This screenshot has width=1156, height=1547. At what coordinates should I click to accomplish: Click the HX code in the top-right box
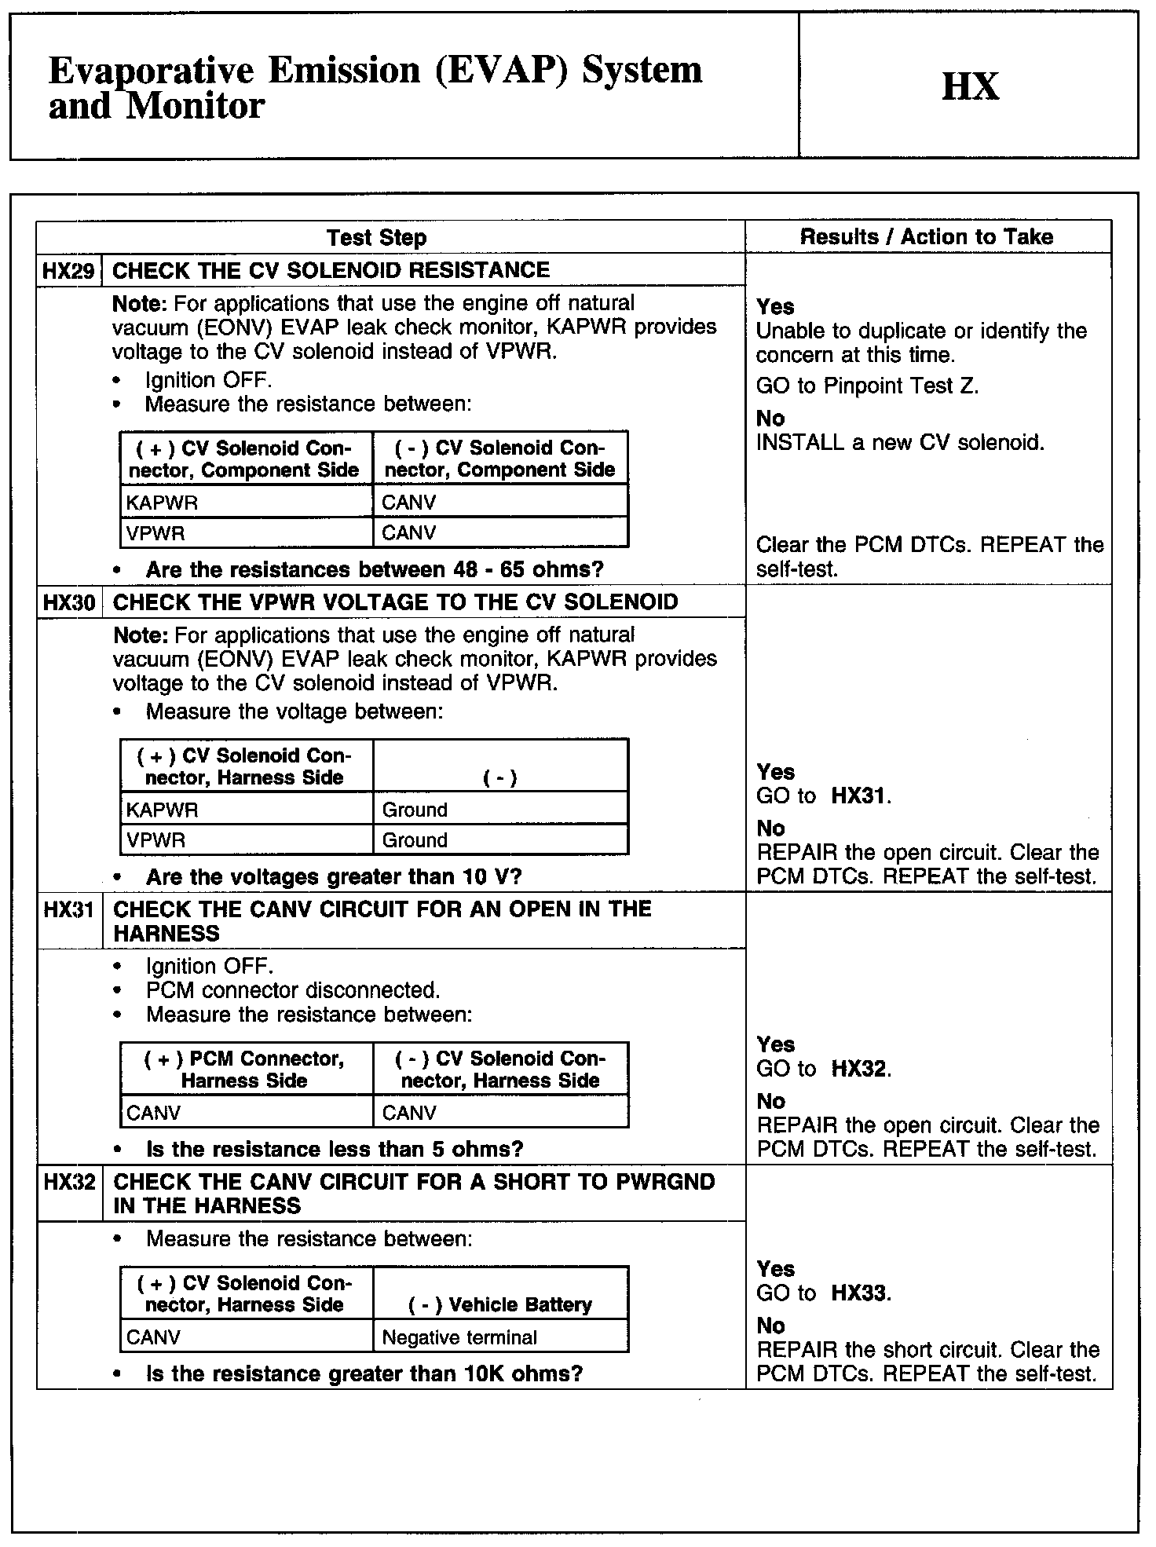970,86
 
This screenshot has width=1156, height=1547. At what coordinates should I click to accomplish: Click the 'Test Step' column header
376,238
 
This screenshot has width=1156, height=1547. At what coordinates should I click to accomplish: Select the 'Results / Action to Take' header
926,237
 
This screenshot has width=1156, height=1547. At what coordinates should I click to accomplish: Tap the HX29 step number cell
68,272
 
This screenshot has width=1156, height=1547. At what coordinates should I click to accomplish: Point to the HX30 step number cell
69,602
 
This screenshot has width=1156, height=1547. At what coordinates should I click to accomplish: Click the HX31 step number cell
69,910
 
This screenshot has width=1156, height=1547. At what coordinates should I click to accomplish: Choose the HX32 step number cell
69,1183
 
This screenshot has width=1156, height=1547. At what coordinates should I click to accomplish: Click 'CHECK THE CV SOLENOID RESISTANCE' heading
331,271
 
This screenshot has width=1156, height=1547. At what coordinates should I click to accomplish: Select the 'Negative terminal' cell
459,1337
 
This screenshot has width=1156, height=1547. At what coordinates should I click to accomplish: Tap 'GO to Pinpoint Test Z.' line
867,386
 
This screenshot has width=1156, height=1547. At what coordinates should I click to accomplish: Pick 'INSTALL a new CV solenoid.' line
900,443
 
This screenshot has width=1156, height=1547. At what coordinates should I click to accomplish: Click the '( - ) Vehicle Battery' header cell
500,1304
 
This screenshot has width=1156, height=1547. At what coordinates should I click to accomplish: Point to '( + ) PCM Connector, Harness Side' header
244,1070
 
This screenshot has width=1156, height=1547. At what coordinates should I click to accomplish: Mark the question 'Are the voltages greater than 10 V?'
334,877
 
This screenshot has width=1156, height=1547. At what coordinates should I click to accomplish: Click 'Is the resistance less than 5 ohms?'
335,1150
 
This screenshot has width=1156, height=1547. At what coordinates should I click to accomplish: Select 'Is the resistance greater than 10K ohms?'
364,1374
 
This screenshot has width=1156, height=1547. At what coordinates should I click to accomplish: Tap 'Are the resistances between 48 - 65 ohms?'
375,569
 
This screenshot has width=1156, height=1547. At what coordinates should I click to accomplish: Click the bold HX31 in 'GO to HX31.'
859,796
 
